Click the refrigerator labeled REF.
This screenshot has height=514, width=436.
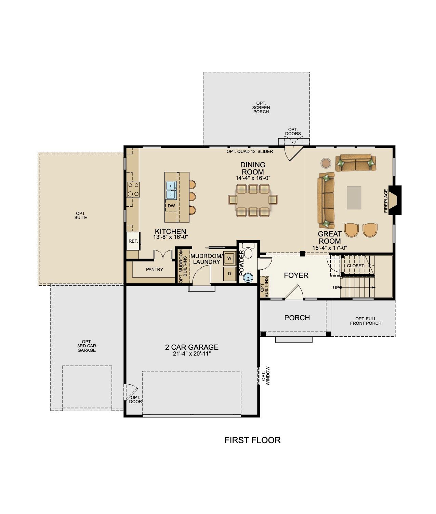point(133,241)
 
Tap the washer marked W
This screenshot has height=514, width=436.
point(229,258)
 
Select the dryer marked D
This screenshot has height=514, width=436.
point(229,274)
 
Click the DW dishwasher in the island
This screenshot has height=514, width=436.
point(171,206)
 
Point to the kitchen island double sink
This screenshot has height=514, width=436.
point(171,190)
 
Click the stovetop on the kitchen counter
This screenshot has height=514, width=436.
point(133,190)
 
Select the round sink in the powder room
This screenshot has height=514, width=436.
point(248,278)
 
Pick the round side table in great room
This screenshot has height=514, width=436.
point(326,163)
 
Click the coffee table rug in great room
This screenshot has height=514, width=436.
point(354,198)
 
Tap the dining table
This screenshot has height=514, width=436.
point(253,200)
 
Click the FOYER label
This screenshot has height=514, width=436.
point(296,275)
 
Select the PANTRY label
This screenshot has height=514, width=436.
point(155,269)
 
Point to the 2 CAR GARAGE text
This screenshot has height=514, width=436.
point(192,347)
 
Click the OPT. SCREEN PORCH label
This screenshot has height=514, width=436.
point(261,107)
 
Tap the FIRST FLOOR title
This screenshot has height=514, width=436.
point(252,440)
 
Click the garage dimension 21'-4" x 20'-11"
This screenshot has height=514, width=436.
point(192,354)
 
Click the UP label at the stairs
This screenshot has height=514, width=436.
point(336,288)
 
